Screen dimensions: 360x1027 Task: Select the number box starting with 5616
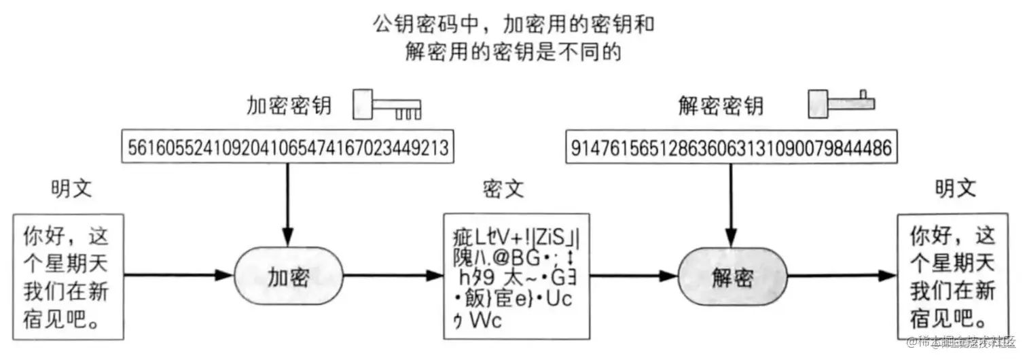[288, 147]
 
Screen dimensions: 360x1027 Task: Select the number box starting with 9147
[731, 147]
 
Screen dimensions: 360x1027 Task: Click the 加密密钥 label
[289, 105]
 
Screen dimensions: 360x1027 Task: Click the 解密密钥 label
[722, 105]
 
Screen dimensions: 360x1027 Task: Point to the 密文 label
[503, 189]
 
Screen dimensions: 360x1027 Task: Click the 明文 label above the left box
[72, 189]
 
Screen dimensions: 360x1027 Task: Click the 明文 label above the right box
[955, 189]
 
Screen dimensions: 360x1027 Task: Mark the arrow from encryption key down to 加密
[288, 204]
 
